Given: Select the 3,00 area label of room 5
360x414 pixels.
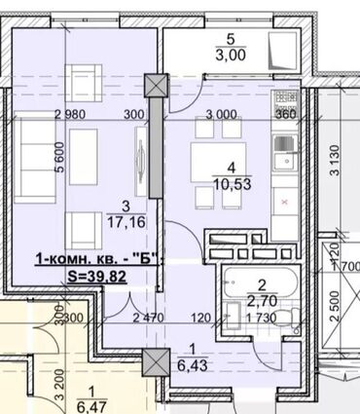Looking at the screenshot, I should pos(232,55).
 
